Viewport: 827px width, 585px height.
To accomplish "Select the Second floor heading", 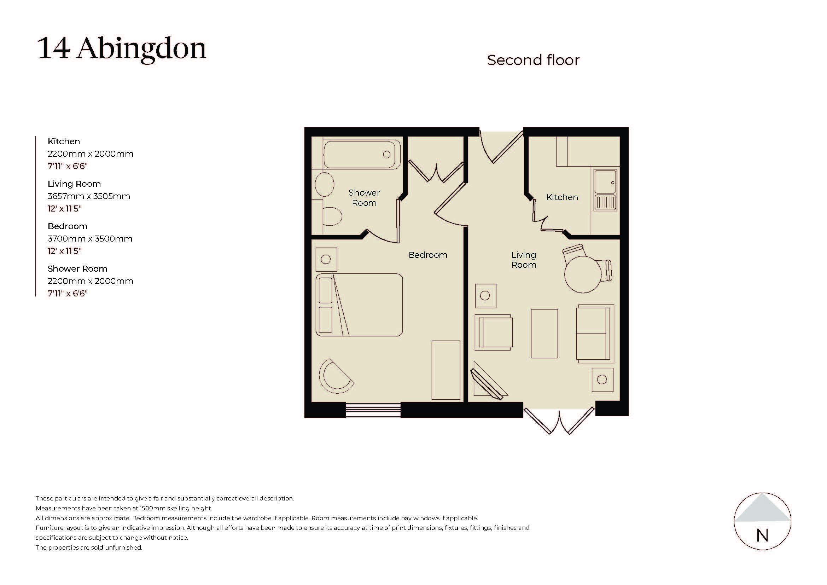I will click(x=533, y=60).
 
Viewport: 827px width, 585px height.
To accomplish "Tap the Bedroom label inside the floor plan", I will click(x=427, y=255).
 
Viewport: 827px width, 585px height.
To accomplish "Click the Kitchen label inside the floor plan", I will click(x=562, y=197).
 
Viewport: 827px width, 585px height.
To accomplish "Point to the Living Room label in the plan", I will click(x=524, y=260).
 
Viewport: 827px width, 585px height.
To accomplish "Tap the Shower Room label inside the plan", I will click(x=364, y=198).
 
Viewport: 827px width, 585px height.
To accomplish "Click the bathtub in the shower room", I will click(x=362, y=155).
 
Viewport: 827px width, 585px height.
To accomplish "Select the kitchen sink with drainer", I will click(x=605, y=190).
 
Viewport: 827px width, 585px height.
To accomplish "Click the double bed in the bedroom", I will click(x=359, y=305).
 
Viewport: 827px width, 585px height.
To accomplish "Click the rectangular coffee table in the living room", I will click(x=544, y=334).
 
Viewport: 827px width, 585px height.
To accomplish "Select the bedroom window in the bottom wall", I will click(x=373, y=410).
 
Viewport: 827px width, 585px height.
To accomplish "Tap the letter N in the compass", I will click(x=762, y=535).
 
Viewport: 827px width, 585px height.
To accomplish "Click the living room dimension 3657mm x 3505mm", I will click(x=89, y=196).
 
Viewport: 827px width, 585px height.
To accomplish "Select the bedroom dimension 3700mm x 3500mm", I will click(x=90, y=239).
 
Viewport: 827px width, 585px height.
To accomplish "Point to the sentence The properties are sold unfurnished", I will click(x=89, y=548).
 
